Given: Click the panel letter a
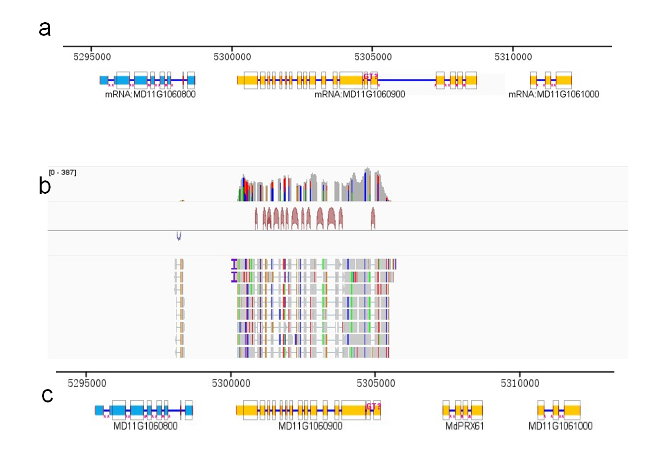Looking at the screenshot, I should click(x=45, y=29).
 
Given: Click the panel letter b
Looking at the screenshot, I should click(x=45, y=186).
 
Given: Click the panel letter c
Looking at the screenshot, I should click(x=47, y=395).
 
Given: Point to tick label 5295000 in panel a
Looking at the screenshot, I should click(x=92, y=57).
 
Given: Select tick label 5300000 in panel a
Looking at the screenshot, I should click(x=232, y=57).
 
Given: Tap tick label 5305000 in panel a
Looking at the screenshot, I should click(x=373, y=57).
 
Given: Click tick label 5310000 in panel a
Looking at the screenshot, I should click(x=513, y=57).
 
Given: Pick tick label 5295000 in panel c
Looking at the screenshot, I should click(x=87, y=383).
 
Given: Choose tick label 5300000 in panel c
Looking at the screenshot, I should click(x=231, y=383).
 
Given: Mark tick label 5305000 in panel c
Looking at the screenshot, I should click(x=376, y=383).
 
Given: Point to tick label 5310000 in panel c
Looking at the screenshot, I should click(x=520, y=383).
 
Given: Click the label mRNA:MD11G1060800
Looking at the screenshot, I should click(x=150, y=94).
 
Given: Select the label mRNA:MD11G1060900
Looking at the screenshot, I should click(x=360, y=94).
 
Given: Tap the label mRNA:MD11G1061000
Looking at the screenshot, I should click(x=554, y=94).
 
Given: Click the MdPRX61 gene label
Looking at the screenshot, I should click(x=464, y=426).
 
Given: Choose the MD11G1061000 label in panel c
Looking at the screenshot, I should click(x=560, y=426).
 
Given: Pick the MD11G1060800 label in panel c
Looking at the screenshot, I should click(x=145, y=426).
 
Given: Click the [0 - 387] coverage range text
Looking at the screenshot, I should click(x=62, y=172).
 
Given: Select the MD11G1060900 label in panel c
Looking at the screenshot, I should click(x=310, y=426).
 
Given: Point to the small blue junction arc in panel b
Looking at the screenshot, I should click(x=179, y=236).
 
